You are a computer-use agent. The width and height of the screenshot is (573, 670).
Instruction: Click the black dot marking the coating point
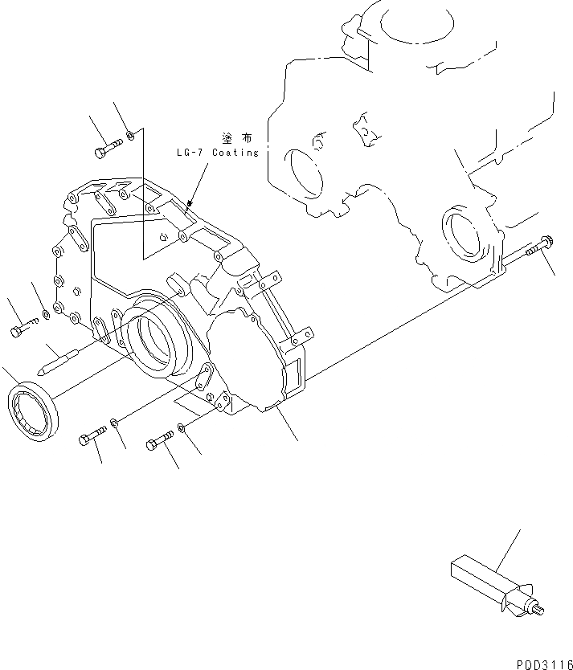click(x=190, y=204)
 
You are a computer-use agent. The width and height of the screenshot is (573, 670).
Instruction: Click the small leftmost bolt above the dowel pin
click(x=23, y=327)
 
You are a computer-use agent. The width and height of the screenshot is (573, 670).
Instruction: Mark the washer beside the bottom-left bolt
click(x=116, y=423)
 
